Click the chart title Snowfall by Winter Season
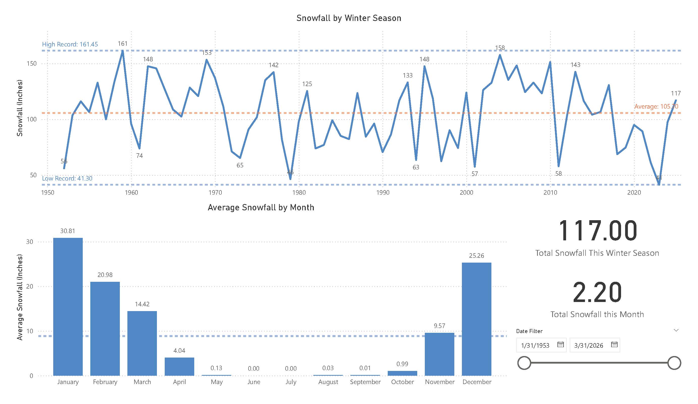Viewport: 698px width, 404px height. [348, 18]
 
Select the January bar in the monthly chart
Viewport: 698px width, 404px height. [68, 306]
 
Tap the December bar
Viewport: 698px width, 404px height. [477, 319]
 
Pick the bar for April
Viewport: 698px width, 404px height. [179, 366]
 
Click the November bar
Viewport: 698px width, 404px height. [439, 354]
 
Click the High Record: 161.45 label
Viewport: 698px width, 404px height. [70, 44]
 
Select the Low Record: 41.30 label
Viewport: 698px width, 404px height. [67, 178]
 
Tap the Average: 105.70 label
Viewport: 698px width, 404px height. [656, 106]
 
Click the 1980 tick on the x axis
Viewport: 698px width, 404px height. [299, 192]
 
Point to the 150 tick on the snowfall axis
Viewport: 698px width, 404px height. [31, 63]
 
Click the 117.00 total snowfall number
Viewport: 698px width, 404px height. [597, 231]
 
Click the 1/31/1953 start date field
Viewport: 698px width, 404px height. [535, 345]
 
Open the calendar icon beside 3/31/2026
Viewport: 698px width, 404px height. [614, 345]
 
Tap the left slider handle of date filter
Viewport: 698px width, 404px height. [524, 363]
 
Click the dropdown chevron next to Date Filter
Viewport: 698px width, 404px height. [676, 330]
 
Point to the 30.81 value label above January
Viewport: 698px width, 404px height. [68, 231]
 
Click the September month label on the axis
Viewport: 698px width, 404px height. [365, 382]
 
